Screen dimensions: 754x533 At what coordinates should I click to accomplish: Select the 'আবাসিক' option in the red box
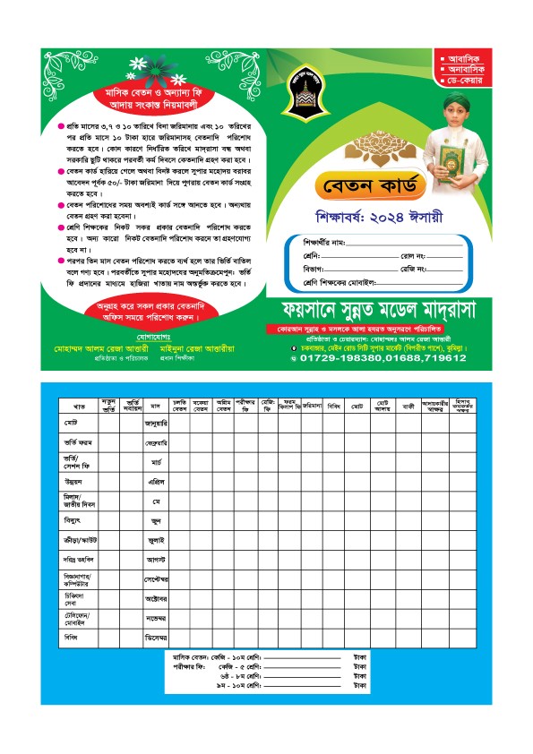tap(462, 55)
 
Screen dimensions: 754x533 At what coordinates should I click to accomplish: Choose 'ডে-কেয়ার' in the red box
tap(462, 81)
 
